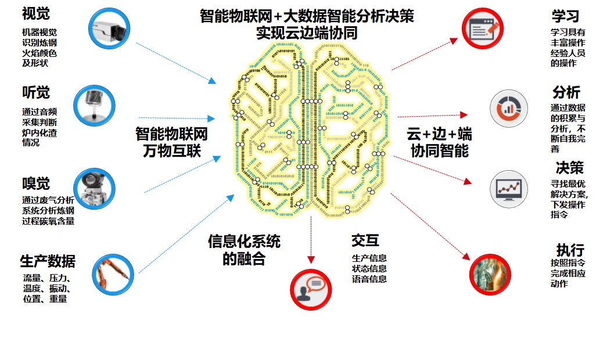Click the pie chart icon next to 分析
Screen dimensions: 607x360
[509, 108]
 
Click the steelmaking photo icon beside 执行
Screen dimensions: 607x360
[490, 275]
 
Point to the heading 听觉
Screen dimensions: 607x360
[36, 92]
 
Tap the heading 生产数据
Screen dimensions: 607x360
[48, 261]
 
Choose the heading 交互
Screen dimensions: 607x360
[365, 240]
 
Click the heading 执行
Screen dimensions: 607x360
[570, 250]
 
